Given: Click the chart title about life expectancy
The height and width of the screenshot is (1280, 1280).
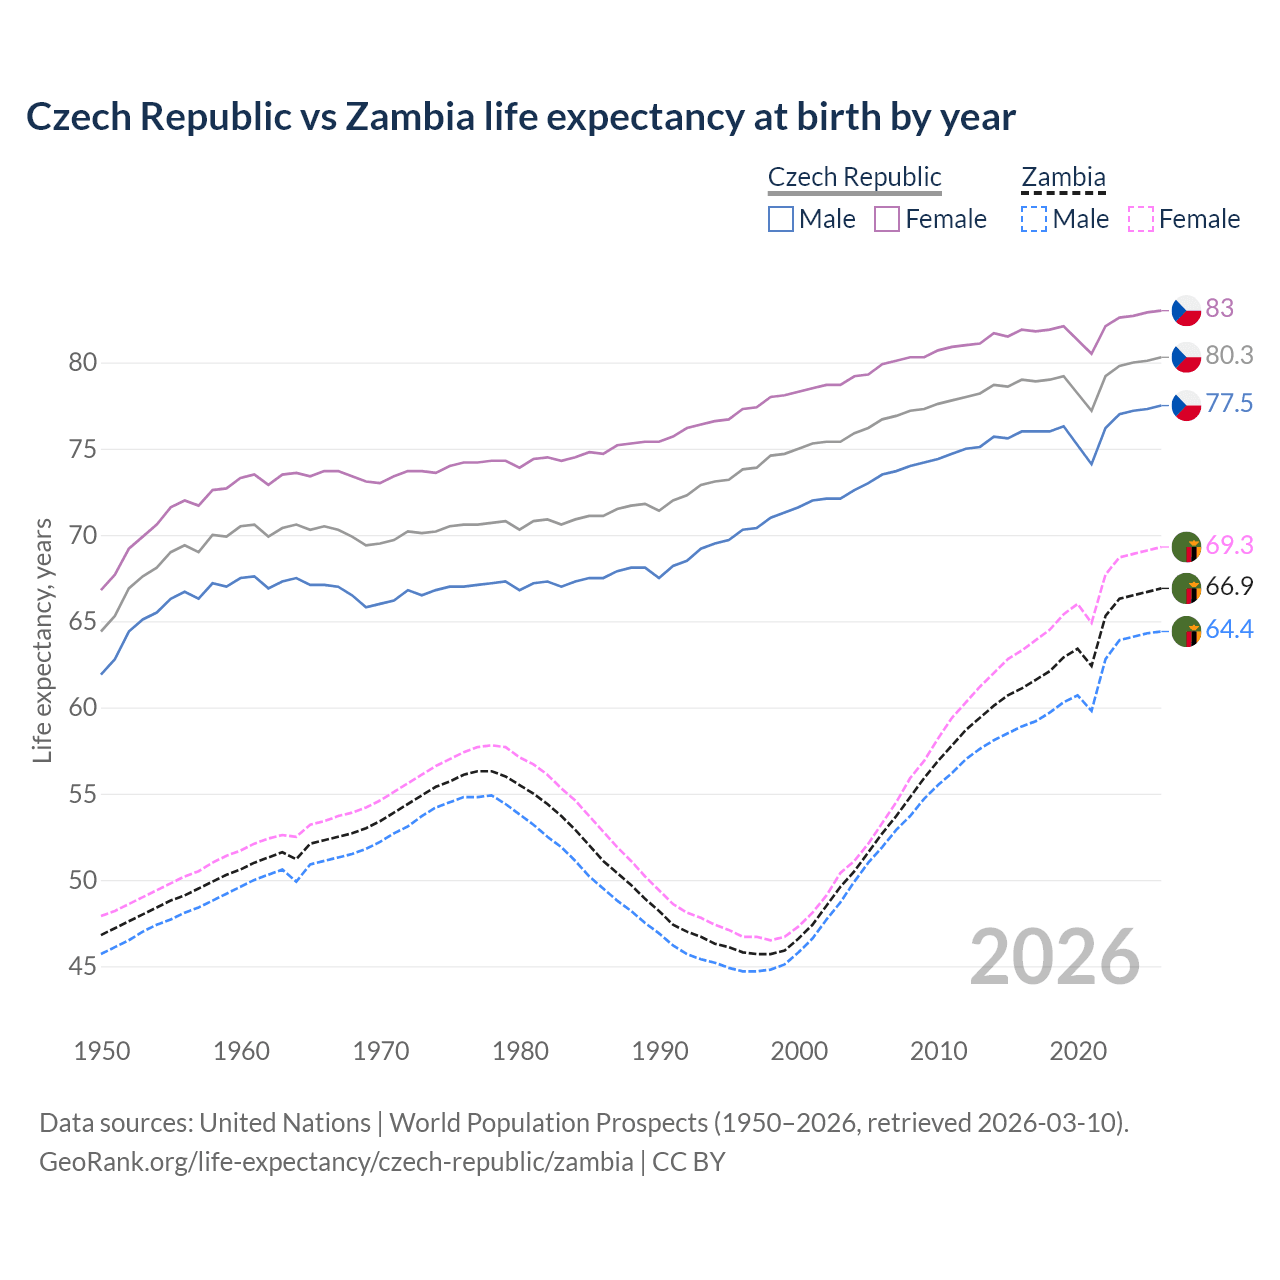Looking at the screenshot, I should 520,117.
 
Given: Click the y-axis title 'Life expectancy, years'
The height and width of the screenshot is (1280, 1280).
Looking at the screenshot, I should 42,640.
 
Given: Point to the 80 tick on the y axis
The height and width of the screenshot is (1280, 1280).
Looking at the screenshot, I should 83,362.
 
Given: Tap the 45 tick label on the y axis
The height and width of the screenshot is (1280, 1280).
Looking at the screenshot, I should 83,967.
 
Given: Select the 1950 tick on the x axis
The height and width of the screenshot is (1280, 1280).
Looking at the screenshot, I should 102,1051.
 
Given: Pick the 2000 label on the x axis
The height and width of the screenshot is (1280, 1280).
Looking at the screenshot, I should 799,1051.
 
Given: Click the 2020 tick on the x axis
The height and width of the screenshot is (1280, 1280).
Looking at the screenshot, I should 1078,1051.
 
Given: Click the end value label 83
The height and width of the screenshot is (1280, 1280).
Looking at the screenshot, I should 1219,308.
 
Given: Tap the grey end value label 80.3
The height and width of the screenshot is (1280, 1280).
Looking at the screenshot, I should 1229,356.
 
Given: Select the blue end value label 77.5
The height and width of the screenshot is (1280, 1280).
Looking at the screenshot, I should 1229,404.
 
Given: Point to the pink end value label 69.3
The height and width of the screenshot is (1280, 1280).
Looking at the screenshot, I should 1229,546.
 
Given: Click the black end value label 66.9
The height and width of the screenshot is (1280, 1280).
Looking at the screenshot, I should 1229,587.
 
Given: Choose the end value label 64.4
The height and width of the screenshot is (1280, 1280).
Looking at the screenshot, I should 1229,630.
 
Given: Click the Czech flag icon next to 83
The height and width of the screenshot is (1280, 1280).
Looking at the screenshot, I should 1186,310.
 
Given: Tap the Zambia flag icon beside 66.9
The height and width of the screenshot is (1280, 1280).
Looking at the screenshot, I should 1186,588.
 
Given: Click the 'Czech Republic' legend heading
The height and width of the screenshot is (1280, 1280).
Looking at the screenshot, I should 854,177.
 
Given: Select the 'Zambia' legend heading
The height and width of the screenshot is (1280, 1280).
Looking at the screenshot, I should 1063,177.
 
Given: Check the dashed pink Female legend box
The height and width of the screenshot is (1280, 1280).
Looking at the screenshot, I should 1140,219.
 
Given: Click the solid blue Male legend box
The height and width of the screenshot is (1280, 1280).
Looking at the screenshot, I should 781,219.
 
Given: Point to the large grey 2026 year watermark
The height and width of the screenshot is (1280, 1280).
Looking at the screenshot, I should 1054,957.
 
